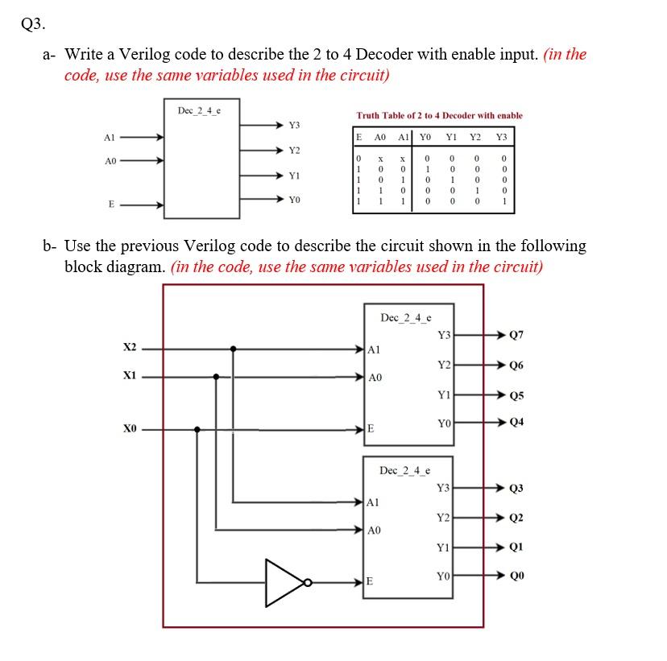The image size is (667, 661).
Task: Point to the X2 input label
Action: tap(130, 347)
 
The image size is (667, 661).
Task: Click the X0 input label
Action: tap(130, 429)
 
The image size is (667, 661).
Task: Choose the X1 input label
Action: tap(130, 375)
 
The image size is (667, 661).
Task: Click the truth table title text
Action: tap(439, 116)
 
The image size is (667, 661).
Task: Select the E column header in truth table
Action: tap(359, 136)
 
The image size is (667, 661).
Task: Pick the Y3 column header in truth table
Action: tap(503, 136)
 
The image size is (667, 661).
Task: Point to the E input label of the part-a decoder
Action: tap(110, 204)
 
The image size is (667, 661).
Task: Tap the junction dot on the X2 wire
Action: tap(234, 349)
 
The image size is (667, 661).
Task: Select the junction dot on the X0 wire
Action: tap(198, 429)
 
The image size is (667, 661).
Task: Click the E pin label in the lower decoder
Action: tap(369, 580)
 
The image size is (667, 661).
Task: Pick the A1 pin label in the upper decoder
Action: tap(374, 350)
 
